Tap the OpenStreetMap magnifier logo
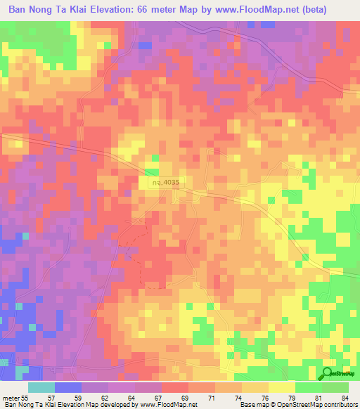328,373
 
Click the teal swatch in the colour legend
41,387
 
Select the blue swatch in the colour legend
68,387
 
